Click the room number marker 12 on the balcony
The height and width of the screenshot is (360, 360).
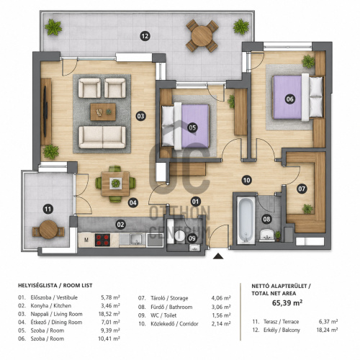[x=145, y=36]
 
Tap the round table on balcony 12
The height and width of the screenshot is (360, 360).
[x=202, y=36]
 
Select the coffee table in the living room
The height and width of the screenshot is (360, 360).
[x=103, y=112]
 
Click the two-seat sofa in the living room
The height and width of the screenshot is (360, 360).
[x=102, y=137]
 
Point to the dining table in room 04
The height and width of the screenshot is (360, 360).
[x=115, y=184]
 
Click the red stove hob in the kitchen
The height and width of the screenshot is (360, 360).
[x=103, y=240]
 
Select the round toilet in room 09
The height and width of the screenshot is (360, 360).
[x=179, y=235]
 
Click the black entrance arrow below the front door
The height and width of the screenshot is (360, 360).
[x=218, y=256]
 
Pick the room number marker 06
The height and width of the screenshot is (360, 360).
[x=289, y=99]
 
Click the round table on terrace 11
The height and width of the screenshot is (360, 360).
[x=48, y=230]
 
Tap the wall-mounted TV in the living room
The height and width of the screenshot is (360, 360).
[x=45, y=112]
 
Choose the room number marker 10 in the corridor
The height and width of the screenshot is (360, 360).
[x=246, y=180]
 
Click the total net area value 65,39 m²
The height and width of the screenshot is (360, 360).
[x=287, y=303]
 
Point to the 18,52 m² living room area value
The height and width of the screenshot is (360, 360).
[x=109, y=314]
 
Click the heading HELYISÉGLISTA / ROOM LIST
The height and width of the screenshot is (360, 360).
[x=55, y=286]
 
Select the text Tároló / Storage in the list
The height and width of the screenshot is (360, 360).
[x=169, y=298]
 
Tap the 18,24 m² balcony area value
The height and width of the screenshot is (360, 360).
[x=327, y=330]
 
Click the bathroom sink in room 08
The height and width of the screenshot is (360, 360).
[x=266, y=235]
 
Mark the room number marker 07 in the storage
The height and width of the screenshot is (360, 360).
[x=302, y=189]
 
